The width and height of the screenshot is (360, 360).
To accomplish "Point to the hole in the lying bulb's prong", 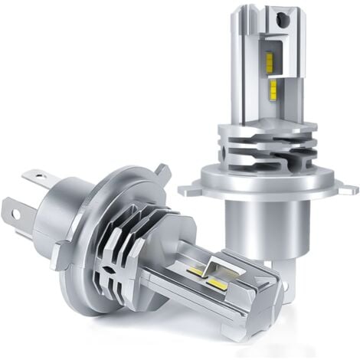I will [x=11, y=208].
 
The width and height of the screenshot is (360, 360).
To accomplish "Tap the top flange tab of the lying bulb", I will [x=162, y=173].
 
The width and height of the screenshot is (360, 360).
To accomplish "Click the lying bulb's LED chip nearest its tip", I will [x=217, y=284].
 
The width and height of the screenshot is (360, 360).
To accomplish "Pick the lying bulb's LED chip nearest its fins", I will [x=195, y=270].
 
